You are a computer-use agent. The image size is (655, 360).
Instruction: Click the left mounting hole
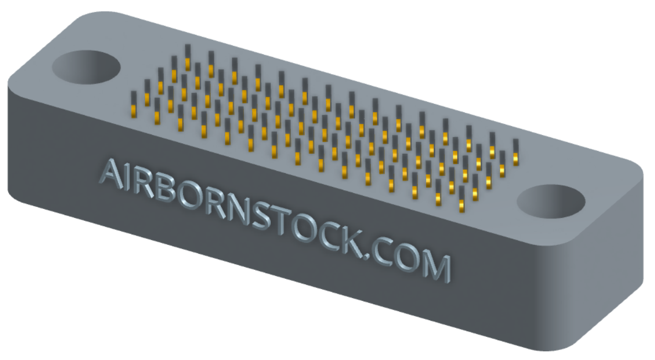[x=86, y=67]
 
